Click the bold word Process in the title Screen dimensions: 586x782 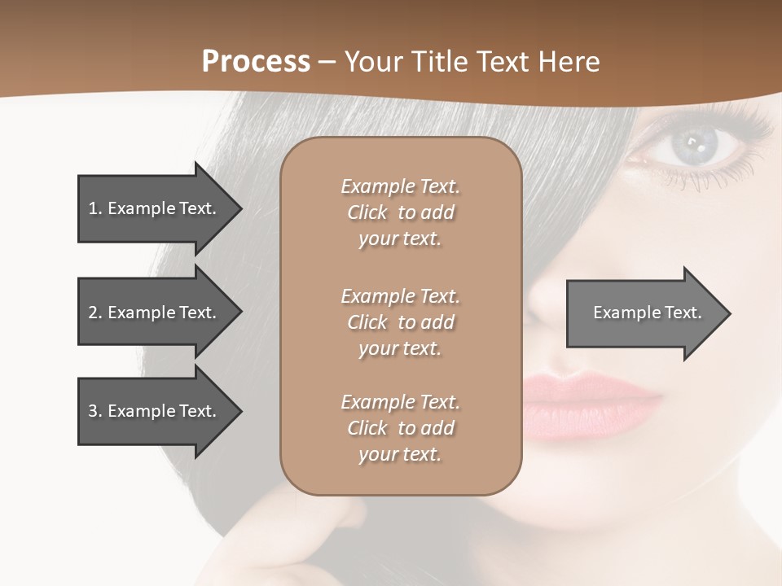[256, 62]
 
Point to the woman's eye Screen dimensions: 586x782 [695, 146]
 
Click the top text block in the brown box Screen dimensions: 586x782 [400, 212]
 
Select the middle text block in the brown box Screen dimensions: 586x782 [400, 322]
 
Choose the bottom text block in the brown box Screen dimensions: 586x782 [400, 428]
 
